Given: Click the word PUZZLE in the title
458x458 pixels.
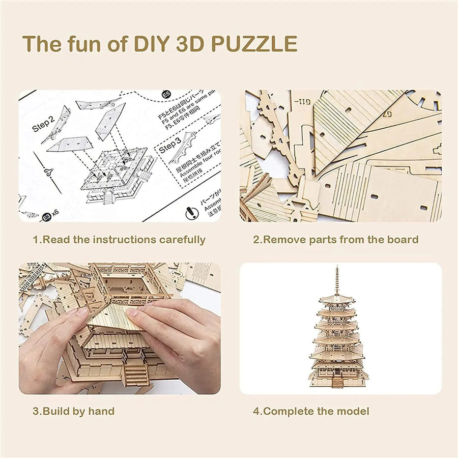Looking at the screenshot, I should coord(254,44).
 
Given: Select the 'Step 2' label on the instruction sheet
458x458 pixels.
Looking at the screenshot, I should coord(43,124).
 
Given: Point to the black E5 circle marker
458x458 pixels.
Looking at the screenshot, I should coord(165,95).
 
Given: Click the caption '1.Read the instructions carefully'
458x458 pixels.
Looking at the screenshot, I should coord(119,239).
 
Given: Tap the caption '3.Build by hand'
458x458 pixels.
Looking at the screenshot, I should coord(74,411).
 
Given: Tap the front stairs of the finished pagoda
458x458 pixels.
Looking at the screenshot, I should coord(336,380).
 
